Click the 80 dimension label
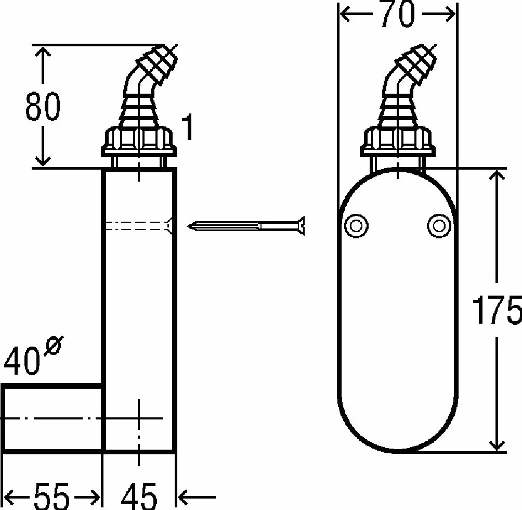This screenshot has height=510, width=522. click(x=43, y=106)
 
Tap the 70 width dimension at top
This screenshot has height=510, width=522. click(x=398, y=14)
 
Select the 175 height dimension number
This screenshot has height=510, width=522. click(x=497, y=310)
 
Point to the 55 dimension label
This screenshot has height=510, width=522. click(x=52, y=496)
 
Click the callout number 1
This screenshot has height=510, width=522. click(x=187, y=127)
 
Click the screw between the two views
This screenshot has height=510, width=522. click(x=246, y=226)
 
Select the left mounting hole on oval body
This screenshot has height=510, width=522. click(x=356, y=226)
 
